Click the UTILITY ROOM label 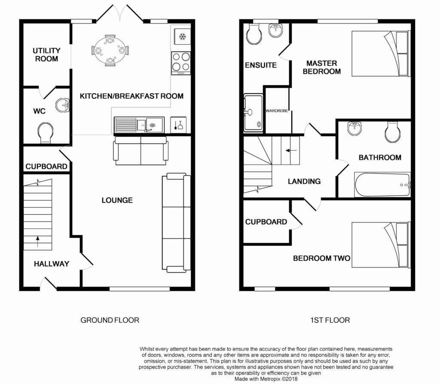click(x=46, y=55)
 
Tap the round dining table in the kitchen click(x=110, y=51)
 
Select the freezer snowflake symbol click(x=183, y=37)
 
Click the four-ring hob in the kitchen click(x=181, y=63)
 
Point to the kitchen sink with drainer click(x=139, y=125)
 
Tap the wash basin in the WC click(x=62, y=105)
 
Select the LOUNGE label click(x=117, y=200)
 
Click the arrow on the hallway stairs click(x=38, y=241)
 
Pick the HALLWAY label click(x=52, y=264)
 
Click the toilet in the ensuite click(x=254, y=34)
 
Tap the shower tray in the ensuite click(x=254, y=113)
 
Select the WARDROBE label click(x=277, y=111)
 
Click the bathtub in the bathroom click(x=382, y=185)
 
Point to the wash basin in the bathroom click(x=354, y=128)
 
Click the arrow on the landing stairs click(x=291, y=151)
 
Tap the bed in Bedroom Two click(x=381, y=245)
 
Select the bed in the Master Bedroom click(x=381, y=53)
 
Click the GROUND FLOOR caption click(x=110, y=320)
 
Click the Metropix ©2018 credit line click(x=266, y=379)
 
